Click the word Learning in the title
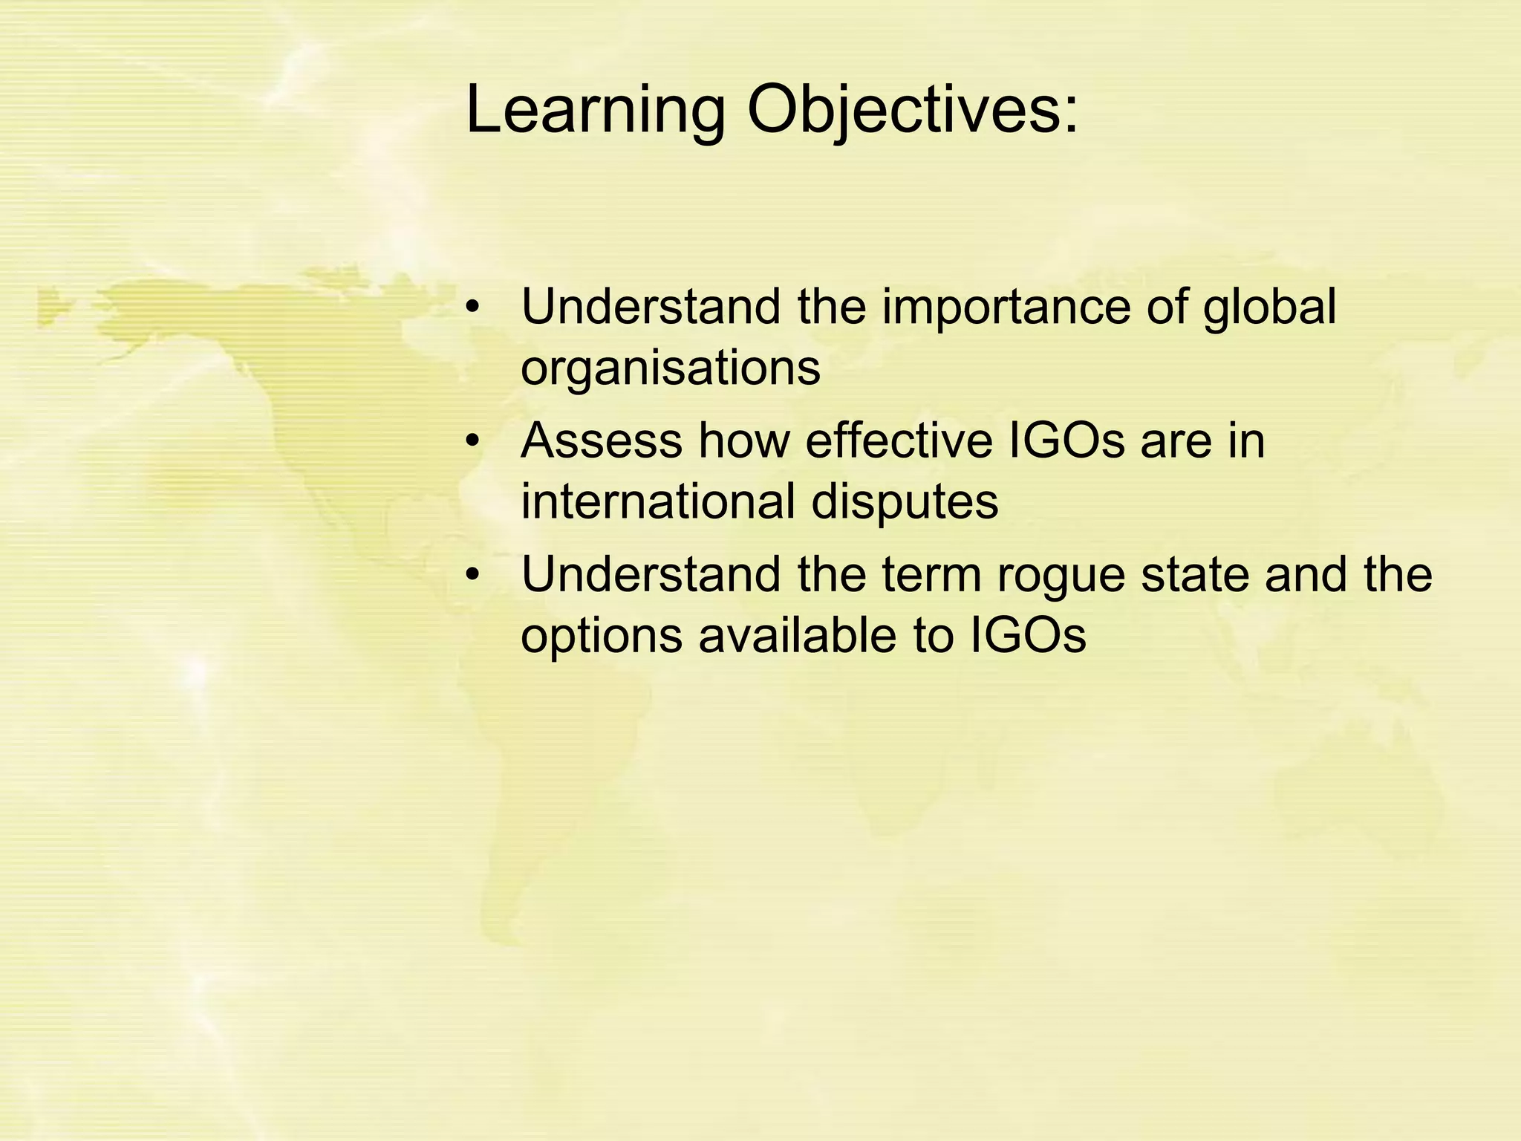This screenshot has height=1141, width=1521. pyautogui.click(x=594, y=111)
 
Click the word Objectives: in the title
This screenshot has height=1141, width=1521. pyautogui.click(x=912, y=111)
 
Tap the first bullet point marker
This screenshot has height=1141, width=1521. pyautogui.click(x=473, y=308)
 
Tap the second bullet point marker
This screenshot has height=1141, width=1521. pyautogui.click(x=473, y=442)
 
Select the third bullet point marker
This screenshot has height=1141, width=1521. pyautogui.click(x=473, y=576)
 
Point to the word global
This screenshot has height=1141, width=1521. pyautogui.click(x=1269, y=308)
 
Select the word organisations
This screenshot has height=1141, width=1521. pyautogui.click(x=671, y=367)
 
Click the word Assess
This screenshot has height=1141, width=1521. pyautogui.click(x=601, y=441)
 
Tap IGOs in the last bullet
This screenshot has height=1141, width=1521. pyautogui.click(x=1028, y=636)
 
